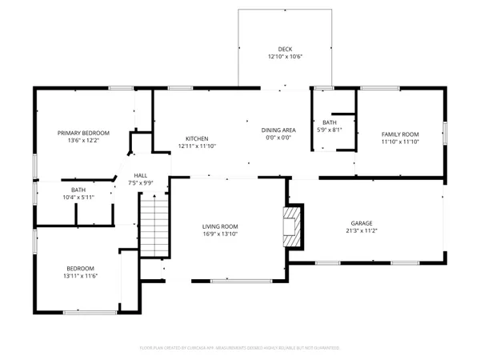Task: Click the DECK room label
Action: coord(286,49)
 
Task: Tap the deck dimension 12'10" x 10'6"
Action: coord(286,57)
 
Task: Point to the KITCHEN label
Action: coord(197,138)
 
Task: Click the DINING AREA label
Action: coord(278,130)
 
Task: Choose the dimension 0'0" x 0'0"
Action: coord(278,138)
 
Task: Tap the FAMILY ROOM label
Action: coord(400,134)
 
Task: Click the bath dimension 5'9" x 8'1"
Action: coord(330,130)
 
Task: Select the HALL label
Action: coord(140,175)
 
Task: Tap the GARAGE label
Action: coord(362,223)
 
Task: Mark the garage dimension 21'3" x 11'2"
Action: coord(362,232)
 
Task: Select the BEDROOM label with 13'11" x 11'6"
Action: coord(80,268)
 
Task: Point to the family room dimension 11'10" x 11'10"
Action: coord(400,142)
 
